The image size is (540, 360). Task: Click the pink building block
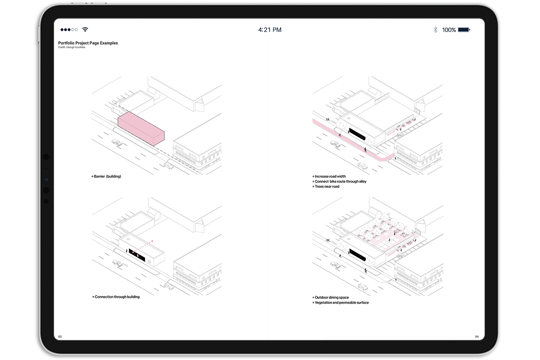click(141, 129)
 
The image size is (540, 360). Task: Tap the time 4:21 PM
click(270, 30)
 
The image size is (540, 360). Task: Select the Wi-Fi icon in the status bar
click(85, 30)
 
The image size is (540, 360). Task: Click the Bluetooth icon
click(435, 30)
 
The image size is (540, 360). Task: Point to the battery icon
click(464, 30)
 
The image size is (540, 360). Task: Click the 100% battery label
click(449, 30)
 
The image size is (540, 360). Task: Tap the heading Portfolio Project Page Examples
click(88, 43)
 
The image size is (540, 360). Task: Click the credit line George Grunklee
click(72, 47)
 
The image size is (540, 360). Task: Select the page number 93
click(60, 337)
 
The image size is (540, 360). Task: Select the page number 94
click(476, 337)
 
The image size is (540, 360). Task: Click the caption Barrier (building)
click(106, 176)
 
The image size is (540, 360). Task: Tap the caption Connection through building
click(116, 297)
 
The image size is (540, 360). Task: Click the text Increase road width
click(329, 176)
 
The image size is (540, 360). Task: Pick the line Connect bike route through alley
click(339, 182)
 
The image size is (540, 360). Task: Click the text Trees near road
click(326, 187)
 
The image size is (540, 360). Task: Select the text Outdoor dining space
click(330, 298)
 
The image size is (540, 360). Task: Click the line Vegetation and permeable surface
click(340, 303)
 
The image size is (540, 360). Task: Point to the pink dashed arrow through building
click(142, 246)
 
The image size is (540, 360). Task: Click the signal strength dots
click(69, 30)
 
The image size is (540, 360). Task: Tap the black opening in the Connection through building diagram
click(137, 255)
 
